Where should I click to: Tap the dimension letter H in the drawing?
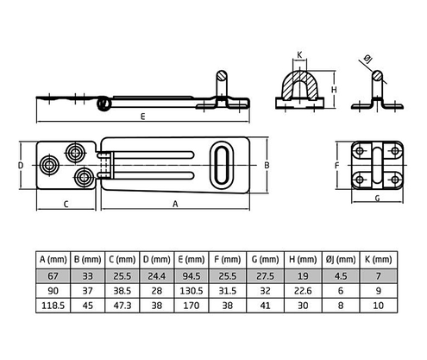333,89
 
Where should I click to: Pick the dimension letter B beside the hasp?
267,163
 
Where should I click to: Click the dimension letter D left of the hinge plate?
18,163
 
